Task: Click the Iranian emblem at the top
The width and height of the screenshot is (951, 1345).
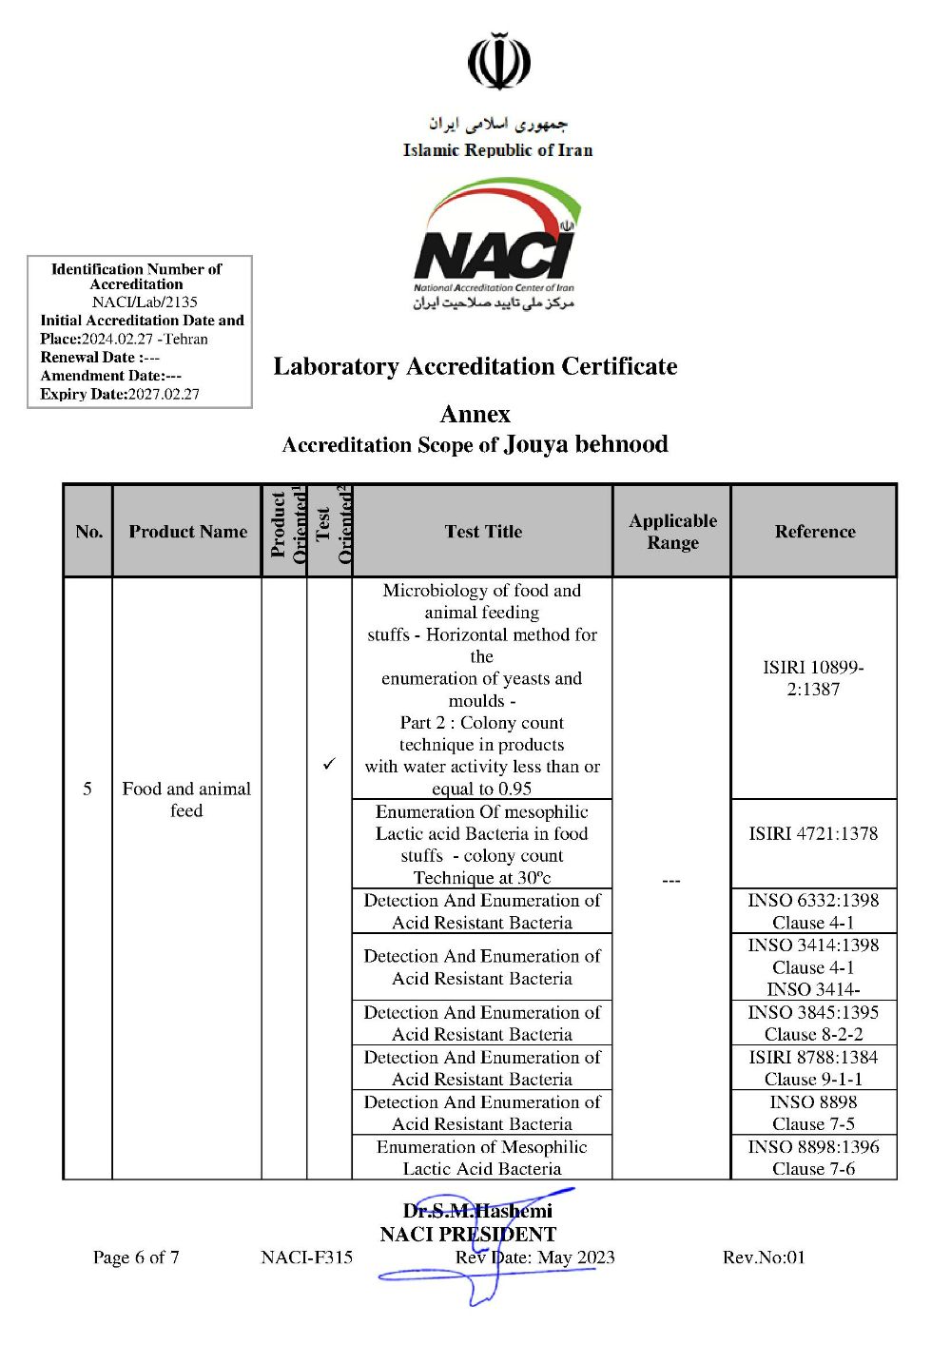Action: [x=498, y=62]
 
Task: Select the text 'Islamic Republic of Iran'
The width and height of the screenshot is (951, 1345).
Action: [x=497, y=150]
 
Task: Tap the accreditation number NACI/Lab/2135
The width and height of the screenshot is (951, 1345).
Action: [x=145, y=302]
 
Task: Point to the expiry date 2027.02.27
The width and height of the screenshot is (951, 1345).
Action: [x=164, y=394]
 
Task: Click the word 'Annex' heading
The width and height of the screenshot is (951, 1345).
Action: [x=475, y=414]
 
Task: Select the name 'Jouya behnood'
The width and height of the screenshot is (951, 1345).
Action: [x=586, y=444]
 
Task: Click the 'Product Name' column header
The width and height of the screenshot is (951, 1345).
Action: [x=187, y=532]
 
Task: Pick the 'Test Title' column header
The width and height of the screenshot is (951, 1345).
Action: [x=483, y=532]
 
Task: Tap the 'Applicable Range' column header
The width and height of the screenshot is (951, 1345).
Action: [x=672, y=532]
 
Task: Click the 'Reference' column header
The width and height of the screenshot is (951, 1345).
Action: [x=814, y=532]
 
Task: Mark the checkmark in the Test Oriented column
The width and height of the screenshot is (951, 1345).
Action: [x=329, y=764]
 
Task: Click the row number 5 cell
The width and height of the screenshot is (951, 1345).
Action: [x=87, y=789]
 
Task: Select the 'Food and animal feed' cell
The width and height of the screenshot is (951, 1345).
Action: [x=186, y=799]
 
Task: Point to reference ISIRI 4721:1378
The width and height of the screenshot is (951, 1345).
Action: [x=813, y=833]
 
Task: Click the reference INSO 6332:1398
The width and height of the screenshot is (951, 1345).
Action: [x=813, y=900]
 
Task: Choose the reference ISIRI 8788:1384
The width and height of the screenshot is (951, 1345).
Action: [x=813, y=1057]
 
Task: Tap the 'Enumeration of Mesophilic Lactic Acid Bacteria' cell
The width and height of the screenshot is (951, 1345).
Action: [x=482, y=1158]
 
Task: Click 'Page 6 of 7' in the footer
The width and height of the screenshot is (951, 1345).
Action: [x=136, y=1257]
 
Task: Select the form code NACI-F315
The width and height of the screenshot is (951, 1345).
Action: [x=306, y=1257]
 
